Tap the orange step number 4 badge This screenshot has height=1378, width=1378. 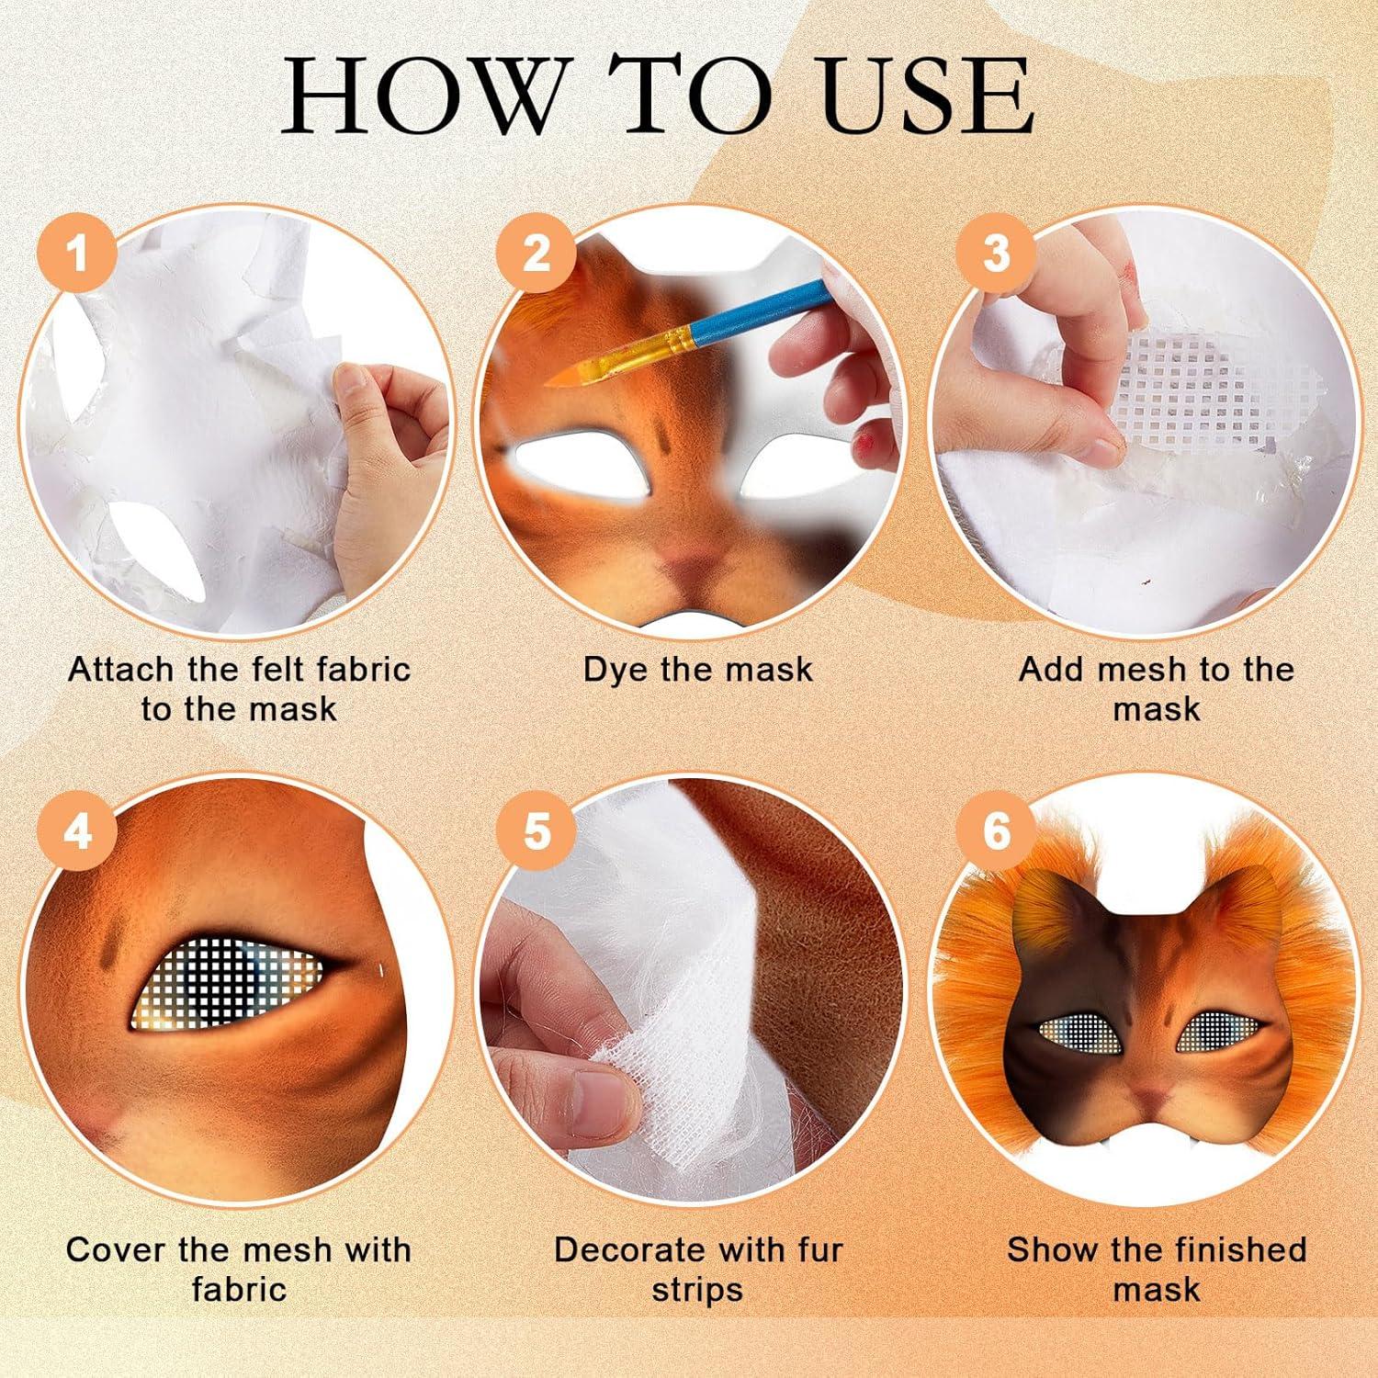(x=77, y=831)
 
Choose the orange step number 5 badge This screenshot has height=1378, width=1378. (x=537, y=831)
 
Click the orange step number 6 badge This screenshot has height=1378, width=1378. (x=996, y=831)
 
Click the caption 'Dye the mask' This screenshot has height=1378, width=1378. (x=698, y=670)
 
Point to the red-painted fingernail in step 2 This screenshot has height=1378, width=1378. (x=863, y=448)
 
